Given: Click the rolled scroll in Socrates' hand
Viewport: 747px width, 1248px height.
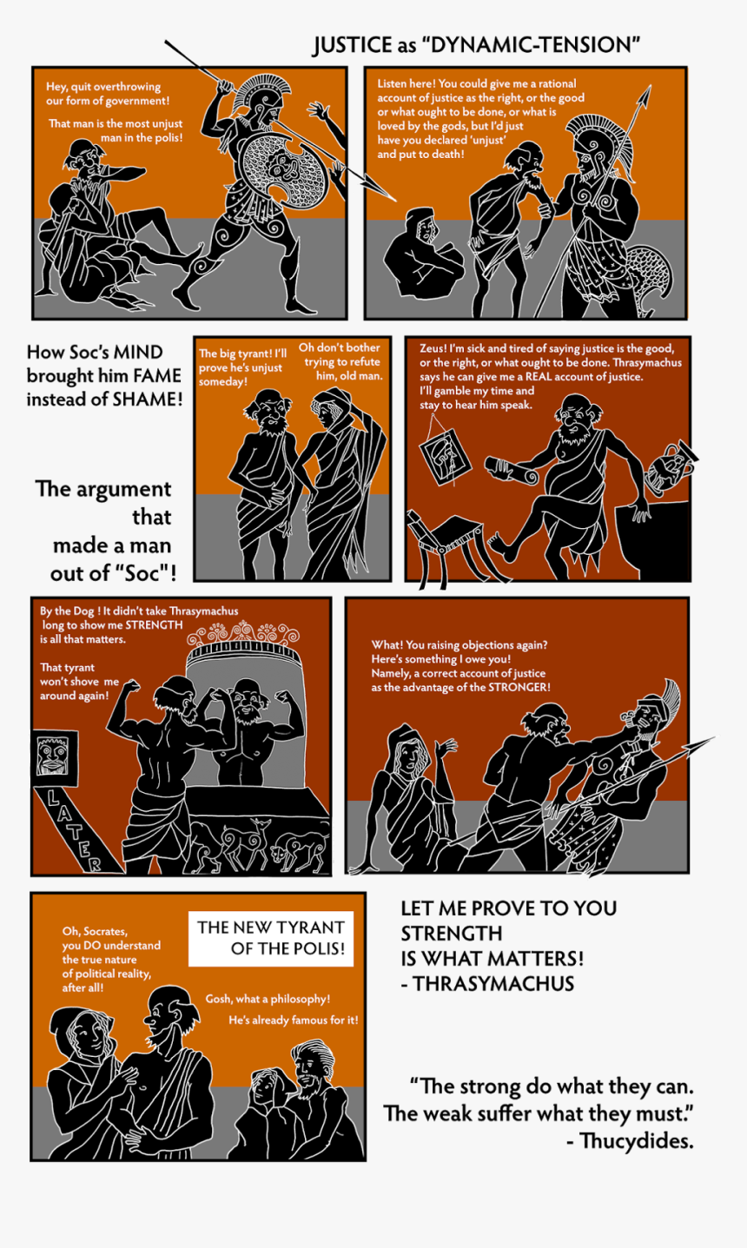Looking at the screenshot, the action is (x=511, y=470).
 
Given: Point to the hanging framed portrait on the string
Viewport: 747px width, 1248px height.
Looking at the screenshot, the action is (x=446, y=454).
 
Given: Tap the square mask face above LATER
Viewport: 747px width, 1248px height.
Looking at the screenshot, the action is (x=52, y=756).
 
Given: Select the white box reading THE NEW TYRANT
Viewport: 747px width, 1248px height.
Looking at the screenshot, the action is (x=271, y=938).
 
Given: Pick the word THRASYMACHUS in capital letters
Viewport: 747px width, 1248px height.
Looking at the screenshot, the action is (x=493, y=984).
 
